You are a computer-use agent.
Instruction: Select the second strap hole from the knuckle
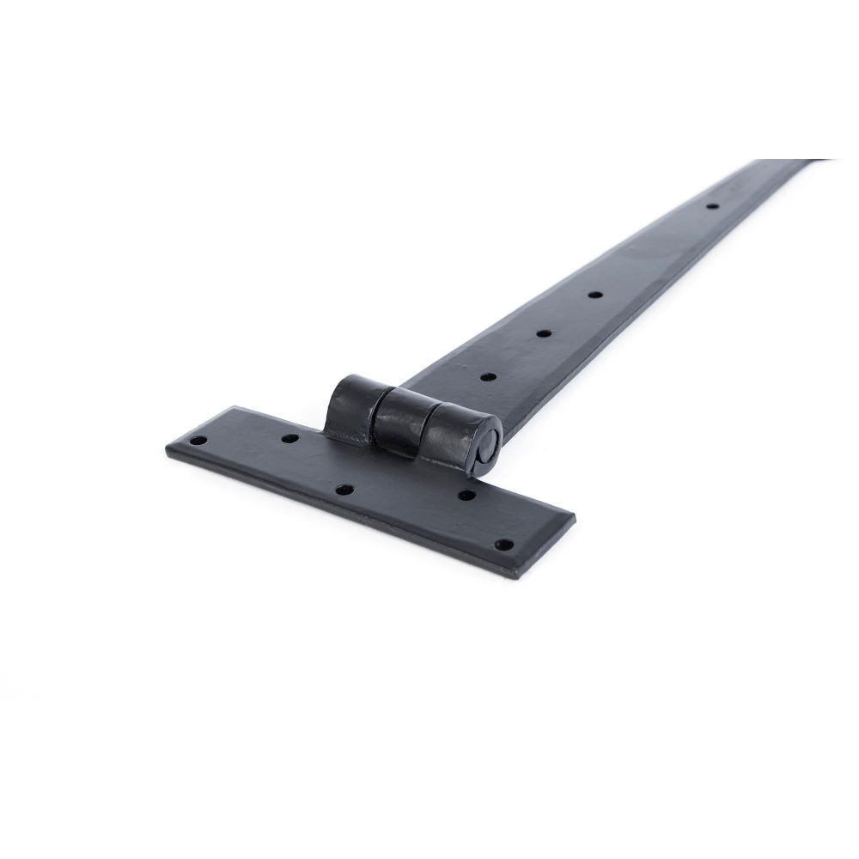(544, 332)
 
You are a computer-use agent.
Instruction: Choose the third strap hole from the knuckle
(594, 295)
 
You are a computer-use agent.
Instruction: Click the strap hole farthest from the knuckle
(711, 206)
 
